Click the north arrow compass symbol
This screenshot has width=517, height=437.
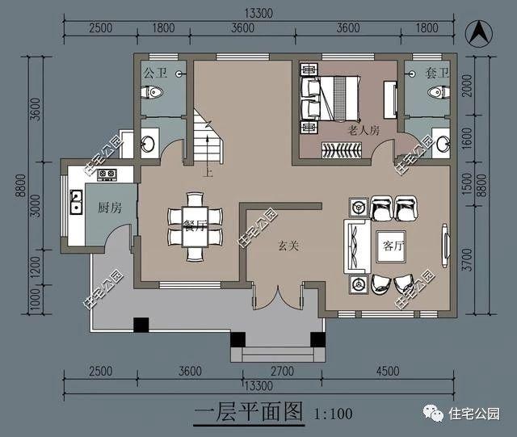coord(479,34)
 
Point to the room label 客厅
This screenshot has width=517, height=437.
coord(393,244)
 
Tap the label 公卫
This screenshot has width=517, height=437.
coord(155,73)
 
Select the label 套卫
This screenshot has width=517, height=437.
coord(436,73)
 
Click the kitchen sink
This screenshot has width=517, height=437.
coord(77,201)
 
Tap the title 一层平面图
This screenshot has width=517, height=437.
coord(249,413)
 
